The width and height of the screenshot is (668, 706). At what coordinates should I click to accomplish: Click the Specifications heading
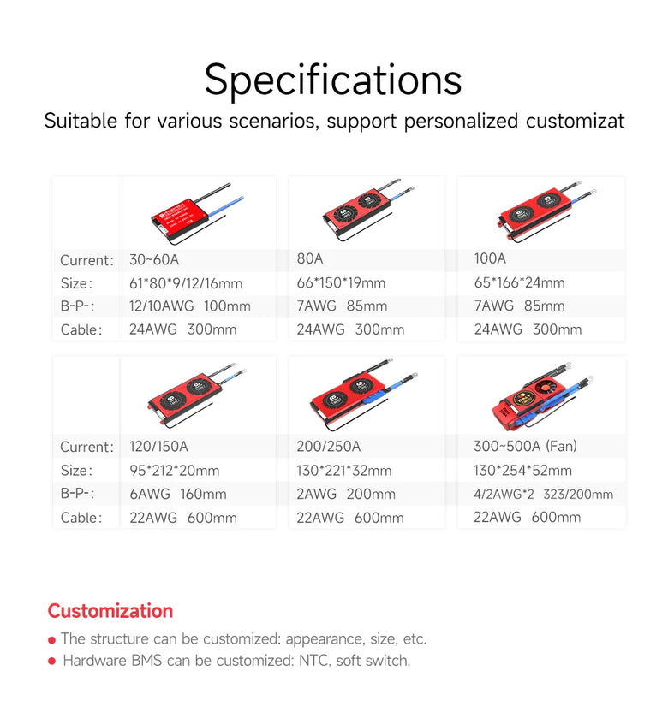click(333, 80)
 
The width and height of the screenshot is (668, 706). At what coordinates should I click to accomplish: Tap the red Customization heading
click(110, 611)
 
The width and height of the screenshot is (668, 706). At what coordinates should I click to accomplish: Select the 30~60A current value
click(154, 260)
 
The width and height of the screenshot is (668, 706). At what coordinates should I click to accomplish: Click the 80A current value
click(310, 258)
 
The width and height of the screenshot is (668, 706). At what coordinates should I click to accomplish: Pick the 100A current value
click(490, 258)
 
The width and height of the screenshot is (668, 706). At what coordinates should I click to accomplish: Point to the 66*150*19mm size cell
click(341, 282)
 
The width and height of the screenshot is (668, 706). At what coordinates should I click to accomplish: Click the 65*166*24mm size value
click(519, 282)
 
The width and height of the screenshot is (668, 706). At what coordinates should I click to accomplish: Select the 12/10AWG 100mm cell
click(190, 306)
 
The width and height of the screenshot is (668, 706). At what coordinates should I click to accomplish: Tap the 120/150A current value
click(158, 446)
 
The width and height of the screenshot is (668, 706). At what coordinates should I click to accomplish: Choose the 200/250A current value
click(329, 446)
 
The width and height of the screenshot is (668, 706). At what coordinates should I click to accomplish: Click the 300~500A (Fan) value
click(525, 446)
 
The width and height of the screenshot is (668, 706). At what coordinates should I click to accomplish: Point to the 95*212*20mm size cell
click(175, 471)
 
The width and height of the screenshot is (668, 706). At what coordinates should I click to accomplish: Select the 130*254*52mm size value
click(523, 471)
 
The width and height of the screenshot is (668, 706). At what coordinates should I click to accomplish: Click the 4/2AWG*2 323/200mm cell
click(543, 495)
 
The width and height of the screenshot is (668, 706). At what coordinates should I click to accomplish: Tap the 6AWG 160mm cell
click(178, 494)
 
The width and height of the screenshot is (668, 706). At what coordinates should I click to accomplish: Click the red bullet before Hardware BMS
click(52, 661)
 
